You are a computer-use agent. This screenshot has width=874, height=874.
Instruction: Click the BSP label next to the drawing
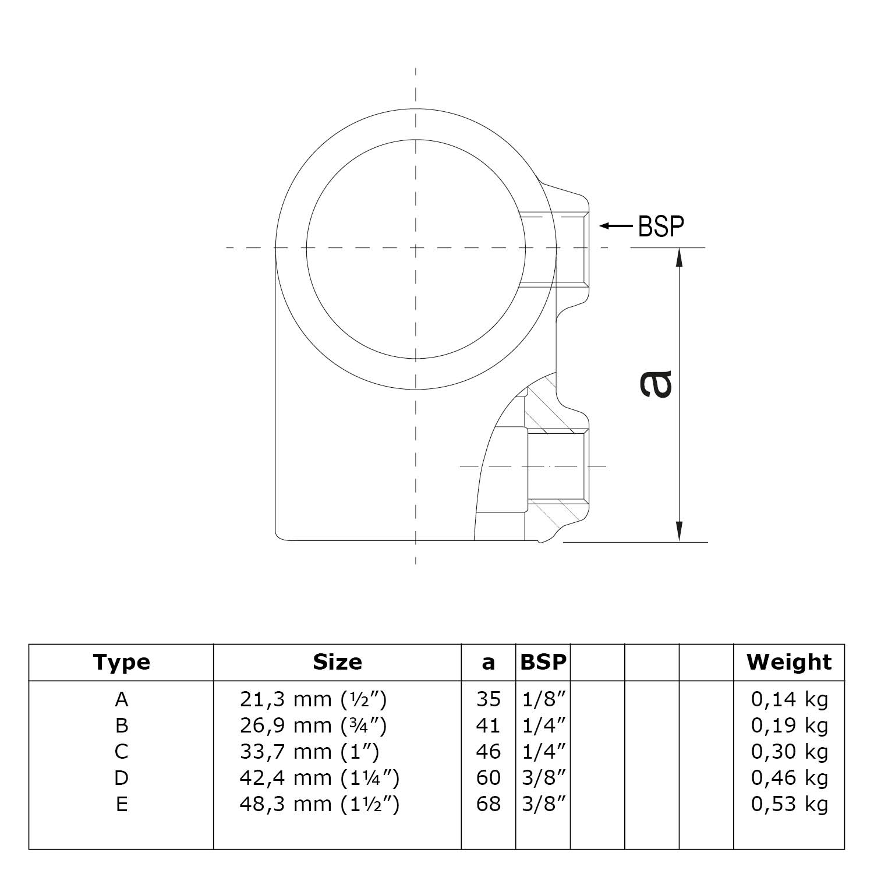[661, 227]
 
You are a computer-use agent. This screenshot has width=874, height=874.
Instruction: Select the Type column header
[121, 662]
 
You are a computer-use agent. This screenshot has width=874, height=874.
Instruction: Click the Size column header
[337, 662]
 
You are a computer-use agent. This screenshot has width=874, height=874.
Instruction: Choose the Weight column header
[789, 662]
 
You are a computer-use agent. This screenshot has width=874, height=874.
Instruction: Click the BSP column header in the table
[543, 662]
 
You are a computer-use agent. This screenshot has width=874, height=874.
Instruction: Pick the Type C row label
[121, 752]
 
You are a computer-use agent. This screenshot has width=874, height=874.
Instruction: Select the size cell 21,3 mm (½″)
[313, 699]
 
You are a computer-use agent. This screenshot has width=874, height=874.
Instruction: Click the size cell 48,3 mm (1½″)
[319, 804]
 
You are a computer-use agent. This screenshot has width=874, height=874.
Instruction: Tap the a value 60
[488, 778]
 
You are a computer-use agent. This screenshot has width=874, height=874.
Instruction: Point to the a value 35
[488, 699]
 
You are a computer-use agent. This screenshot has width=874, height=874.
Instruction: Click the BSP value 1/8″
[544, 699]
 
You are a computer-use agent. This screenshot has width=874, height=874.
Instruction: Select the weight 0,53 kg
[789, 804]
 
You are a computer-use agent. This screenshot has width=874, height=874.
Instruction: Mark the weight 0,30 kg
[789, 752]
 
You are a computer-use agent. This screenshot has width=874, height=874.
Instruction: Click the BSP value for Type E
[544, 804]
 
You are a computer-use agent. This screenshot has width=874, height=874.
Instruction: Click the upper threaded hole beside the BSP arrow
[571, 250]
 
